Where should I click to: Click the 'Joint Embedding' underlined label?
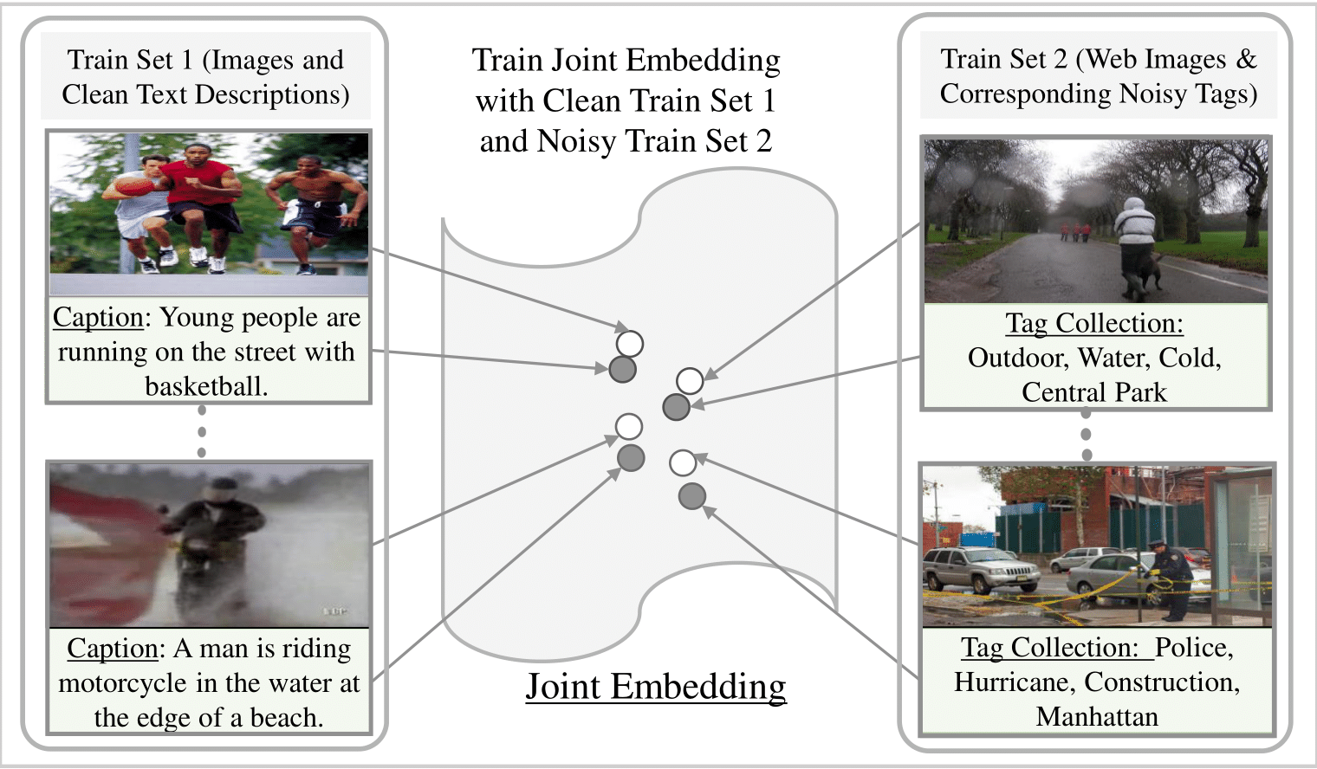tap(656, 686)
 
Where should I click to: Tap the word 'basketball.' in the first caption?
tap(206, 386)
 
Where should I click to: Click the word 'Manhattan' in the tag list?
tap(1097, 717)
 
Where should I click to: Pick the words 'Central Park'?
tap(1094, 392)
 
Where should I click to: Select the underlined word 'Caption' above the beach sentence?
tap(113, 649)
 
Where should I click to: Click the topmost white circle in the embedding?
tap(630, 345)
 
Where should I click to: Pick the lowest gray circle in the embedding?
tap(692, 496)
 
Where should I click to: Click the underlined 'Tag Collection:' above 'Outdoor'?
tap(1094, 323)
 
